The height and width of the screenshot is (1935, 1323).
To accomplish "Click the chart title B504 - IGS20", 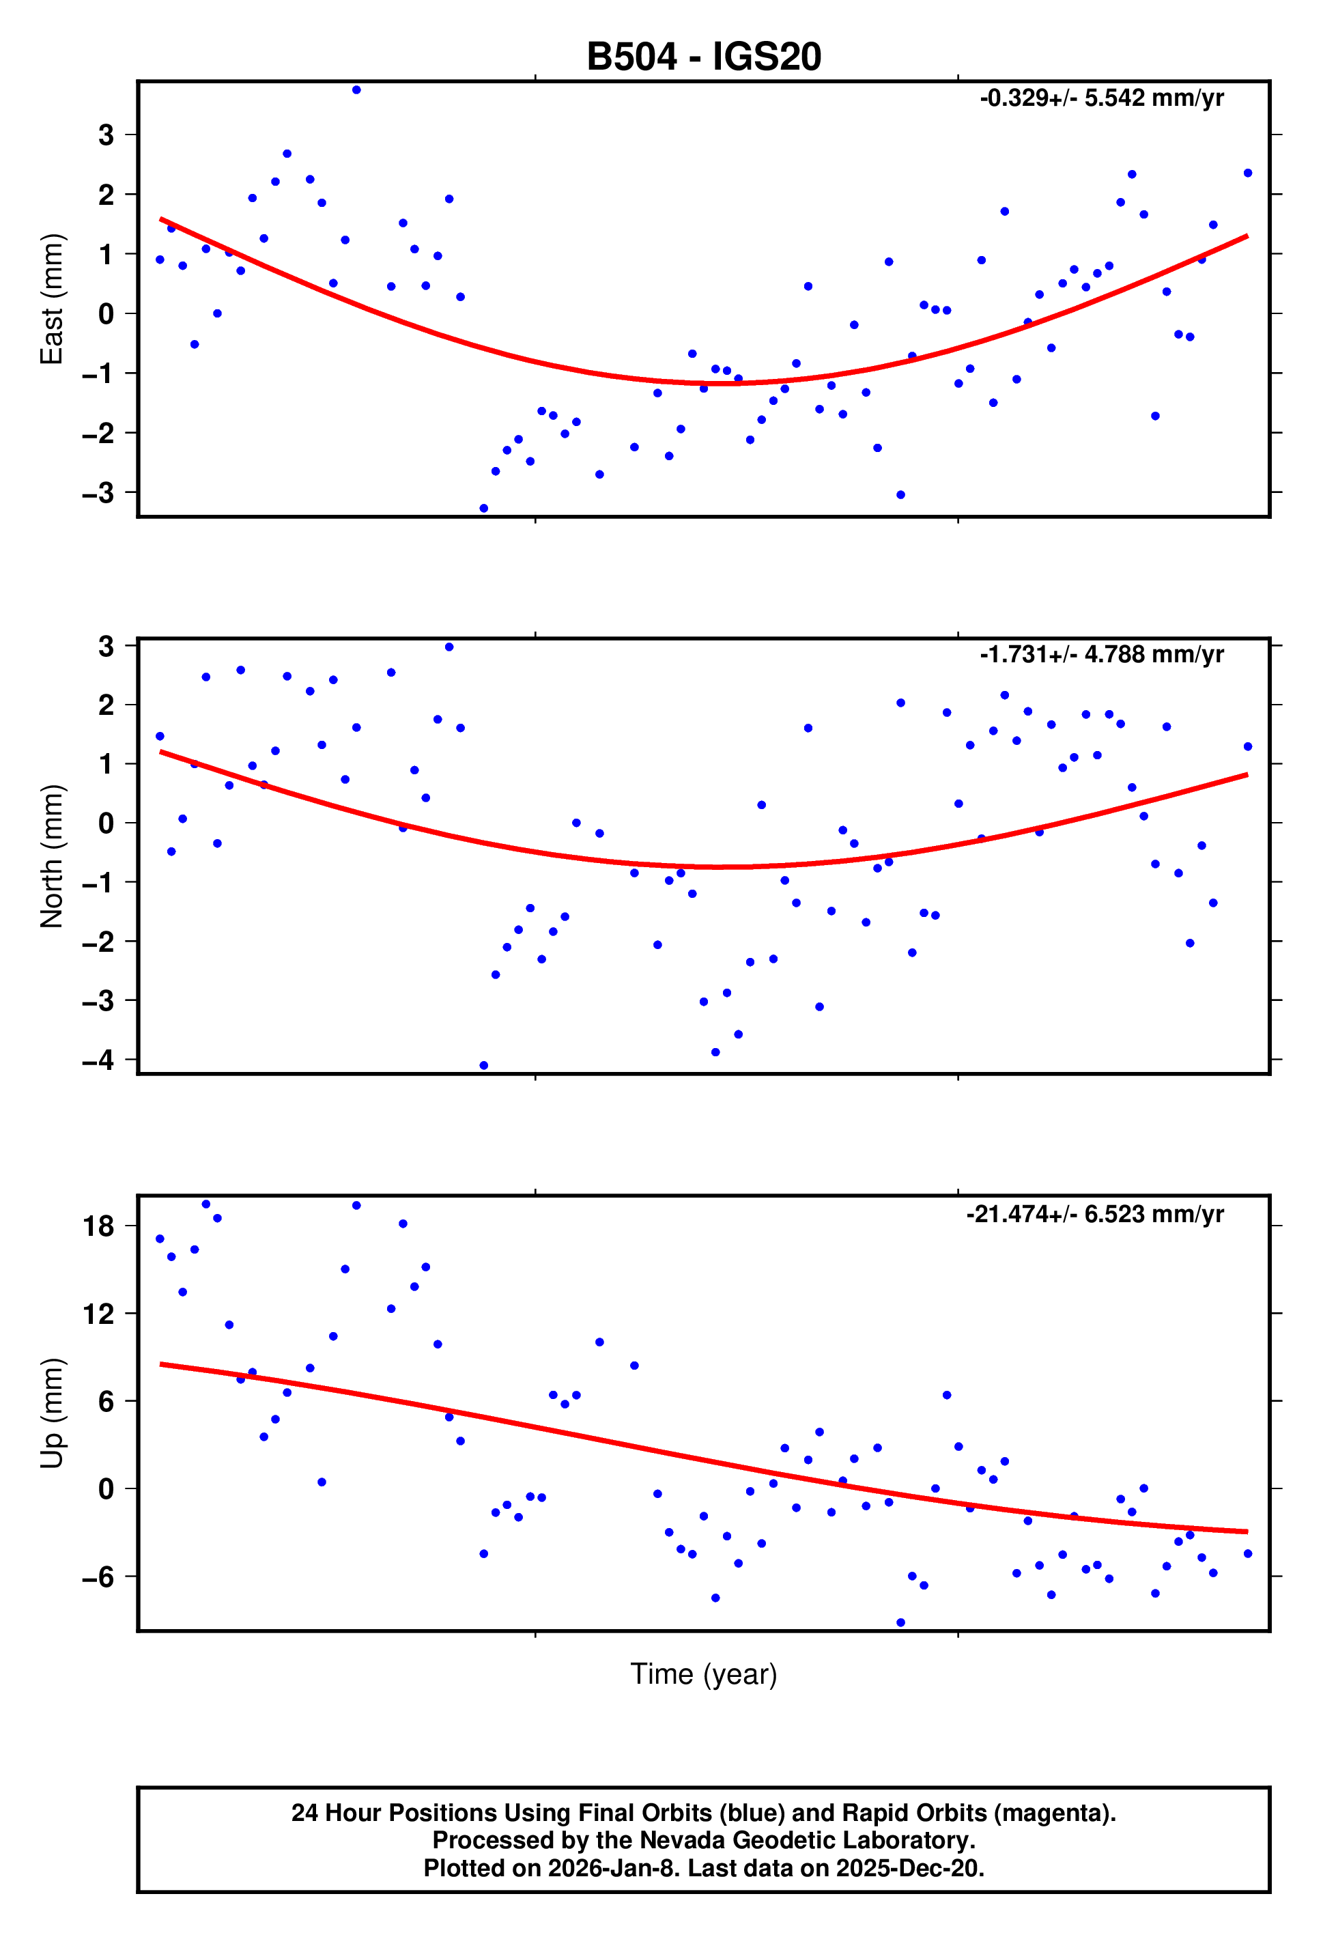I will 704,57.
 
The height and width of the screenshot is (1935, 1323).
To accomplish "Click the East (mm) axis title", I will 52,299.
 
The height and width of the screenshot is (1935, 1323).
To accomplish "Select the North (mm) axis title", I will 52,856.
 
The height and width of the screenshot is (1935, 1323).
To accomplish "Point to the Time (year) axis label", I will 704,1673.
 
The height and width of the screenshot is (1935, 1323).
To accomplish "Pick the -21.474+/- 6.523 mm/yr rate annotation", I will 1094,1214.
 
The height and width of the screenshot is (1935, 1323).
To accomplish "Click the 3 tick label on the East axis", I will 106,135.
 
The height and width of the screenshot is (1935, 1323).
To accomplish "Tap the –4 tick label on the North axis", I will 98,1060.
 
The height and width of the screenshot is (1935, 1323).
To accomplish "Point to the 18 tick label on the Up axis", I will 98,1226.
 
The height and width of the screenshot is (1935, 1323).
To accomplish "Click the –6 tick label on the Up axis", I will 98,1576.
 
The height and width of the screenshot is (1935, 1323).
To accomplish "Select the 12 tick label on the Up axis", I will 98,1314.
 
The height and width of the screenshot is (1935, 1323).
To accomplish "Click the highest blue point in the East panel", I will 356,90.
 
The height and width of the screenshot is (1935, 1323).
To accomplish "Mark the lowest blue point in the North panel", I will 484,1066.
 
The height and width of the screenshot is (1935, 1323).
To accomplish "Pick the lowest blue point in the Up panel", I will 900,1623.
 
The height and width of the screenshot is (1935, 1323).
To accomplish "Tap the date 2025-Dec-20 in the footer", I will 909,1868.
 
